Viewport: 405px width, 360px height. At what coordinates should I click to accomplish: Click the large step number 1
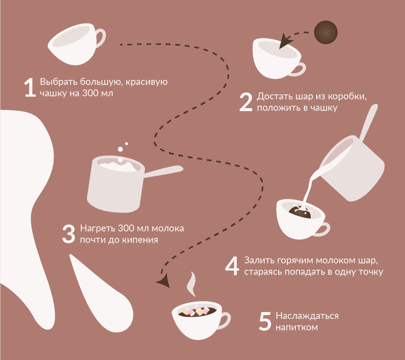(x=30, y=88)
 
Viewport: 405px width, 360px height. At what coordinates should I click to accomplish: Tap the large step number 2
(x=246, y=102)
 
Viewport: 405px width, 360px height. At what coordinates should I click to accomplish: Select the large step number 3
(x=69, y=234)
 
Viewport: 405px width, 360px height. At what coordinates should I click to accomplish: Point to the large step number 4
(x=232, y=266)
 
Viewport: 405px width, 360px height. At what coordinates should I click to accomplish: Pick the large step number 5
(x=265, y=321)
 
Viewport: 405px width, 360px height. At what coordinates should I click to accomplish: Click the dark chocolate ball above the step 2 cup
(x=326, y=32)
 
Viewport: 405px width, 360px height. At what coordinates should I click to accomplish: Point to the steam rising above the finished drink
(x=191, y=284)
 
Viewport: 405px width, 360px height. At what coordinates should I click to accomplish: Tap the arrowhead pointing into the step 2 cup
(x=285, y=41)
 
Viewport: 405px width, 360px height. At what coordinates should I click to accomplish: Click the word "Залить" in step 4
(x=259, y=260)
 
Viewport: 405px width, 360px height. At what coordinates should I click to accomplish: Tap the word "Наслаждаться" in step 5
(x=307, y=316)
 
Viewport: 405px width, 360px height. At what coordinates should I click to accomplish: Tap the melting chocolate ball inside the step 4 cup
(x=300, y=212)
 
